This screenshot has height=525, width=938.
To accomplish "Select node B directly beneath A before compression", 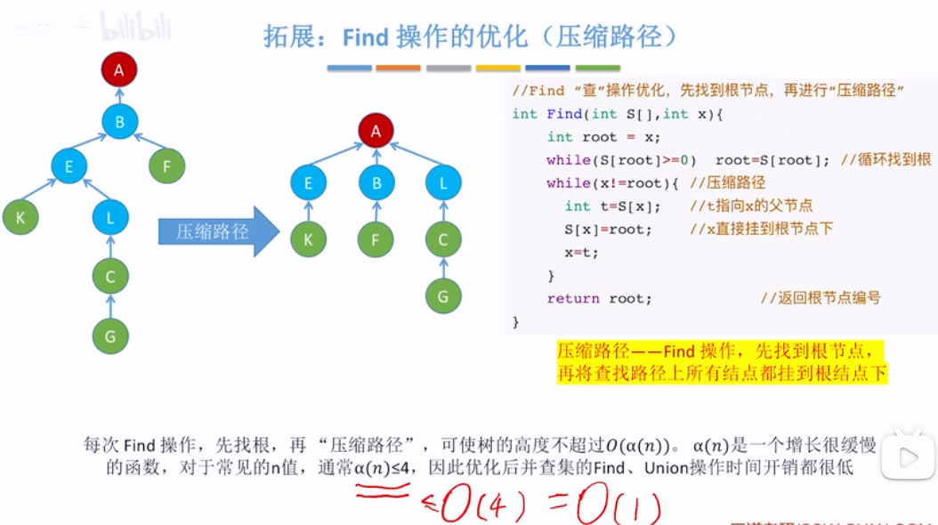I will [119, 121].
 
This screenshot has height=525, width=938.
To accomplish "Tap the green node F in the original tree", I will [166, 166].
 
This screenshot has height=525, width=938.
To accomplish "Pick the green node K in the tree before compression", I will [20, 216].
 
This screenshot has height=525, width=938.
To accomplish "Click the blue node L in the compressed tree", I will [443, 182].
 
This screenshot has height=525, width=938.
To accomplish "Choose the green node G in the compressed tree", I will [443, 295].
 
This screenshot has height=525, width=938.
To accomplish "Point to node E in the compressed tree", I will [308, 182].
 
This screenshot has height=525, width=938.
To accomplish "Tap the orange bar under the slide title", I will [398, 68].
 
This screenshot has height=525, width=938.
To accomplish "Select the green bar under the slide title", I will [598, 68].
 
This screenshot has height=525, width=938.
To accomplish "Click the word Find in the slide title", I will [366, 36].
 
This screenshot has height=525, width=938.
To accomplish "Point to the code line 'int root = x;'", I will [603, 137].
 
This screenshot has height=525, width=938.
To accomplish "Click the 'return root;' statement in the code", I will [599, 298].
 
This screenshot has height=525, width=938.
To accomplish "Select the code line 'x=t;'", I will [581, 252].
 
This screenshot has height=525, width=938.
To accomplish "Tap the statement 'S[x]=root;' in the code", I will [608, 229].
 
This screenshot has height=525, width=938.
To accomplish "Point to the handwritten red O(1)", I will [619, 507].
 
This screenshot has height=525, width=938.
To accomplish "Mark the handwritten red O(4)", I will [481, 505].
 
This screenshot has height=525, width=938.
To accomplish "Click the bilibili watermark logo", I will [133, 26].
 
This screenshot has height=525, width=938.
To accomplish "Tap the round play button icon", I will [909, 457].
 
